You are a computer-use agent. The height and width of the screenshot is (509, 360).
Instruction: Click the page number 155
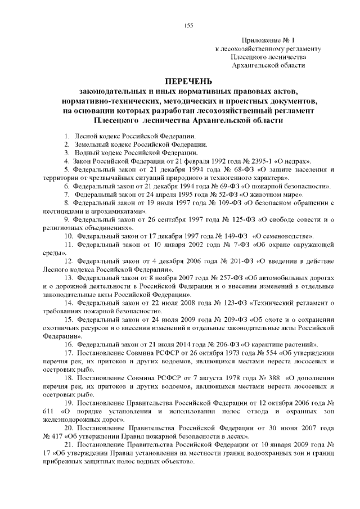click(x=189, y=25)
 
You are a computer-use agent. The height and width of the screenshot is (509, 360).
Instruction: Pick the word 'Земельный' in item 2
click(x=89, y=144)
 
